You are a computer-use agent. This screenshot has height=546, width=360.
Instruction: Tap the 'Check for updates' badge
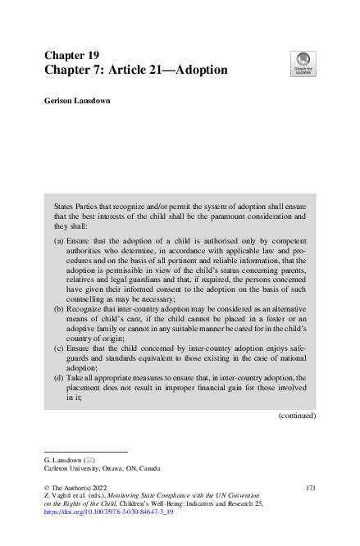(x=303, y=62)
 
